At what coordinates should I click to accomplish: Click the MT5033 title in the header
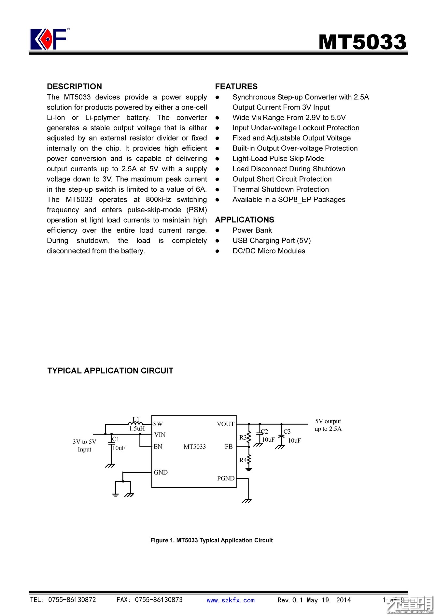[362, 42]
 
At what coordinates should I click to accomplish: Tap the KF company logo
[48, 39]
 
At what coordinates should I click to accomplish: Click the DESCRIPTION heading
[74, 86]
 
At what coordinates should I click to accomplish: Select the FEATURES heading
[236, 86]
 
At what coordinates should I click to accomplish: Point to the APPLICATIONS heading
[245, 220]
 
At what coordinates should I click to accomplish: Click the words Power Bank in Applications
[252, 230]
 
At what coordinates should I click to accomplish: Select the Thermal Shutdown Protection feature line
[280, 189]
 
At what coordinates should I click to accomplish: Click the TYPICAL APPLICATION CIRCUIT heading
[110, 371]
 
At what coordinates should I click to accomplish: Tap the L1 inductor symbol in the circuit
[135, 424]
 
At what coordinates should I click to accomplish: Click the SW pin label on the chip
[158, 424]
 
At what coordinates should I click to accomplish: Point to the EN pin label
[158, 447]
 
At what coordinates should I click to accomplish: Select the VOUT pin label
[225, 424]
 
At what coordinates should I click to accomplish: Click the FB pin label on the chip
[229, 447]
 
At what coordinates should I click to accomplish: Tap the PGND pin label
[226, 478]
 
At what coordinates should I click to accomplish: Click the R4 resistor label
[243, 460]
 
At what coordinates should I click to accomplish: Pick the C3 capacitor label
[287, 432]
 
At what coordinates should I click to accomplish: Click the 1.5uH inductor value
[137, 429]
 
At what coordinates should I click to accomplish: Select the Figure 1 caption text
[211, 540]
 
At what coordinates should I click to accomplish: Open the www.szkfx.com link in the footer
[231, 600]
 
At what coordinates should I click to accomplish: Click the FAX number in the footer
[149, 600]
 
